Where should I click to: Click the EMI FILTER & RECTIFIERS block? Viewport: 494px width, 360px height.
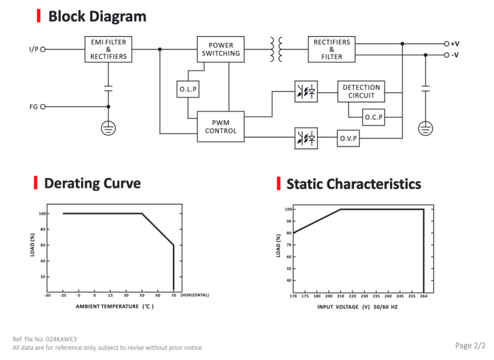coord(108,49)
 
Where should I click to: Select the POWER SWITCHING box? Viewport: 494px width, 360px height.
coord(221,49)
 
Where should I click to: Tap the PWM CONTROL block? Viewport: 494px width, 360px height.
coord(221,127)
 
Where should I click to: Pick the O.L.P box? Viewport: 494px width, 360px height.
coord(188,89)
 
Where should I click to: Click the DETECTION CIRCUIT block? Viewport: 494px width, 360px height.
coord(361,91)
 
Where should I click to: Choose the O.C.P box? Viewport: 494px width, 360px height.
coord(373,117)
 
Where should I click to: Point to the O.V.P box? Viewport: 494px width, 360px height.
coord(348,138)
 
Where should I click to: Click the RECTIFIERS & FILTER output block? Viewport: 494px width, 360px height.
coord(332,49)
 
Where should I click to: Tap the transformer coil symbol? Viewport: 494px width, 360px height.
coord(276,49)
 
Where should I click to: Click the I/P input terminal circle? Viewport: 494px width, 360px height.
coord(43,49)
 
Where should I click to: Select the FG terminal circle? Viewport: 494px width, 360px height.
coord(43,107)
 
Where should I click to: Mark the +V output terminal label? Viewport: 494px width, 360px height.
coord(455,44)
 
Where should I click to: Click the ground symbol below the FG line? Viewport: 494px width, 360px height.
coord(108,128)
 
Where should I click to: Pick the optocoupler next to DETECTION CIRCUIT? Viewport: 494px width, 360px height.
coord(306,92)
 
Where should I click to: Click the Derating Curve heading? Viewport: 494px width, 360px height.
coord(92,183)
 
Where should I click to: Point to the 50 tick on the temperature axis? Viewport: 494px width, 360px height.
coord(142,295)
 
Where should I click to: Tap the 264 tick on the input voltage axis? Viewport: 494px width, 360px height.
coord(423,296)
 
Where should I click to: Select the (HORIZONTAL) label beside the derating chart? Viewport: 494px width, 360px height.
coord(195,295)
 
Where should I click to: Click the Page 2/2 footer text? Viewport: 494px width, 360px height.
coord(470,346)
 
